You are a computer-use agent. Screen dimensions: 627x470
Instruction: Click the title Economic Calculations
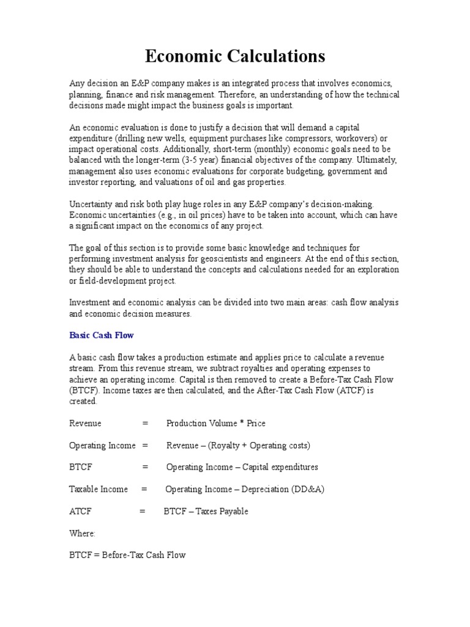tap(235, 57)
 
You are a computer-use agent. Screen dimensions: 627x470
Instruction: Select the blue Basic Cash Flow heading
tap(101, 336)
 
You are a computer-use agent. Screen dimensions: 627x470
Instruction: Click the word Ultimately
tap(375, 160)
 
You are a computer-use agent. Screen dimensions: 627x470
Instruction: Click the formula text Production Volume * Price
tap(215, 423)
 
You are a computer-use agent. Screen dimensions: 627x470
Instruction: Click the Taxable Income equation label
tap(99, 489)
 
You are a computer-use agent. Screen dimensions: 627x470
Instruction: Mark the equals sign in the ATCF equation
tap(142, 511)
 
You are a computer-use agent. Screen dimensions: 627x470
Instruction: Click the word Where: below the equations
tap(82, 533)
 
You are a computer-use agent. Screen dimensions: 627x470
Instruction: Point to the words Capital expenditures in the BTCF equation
tap(280, 467)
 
